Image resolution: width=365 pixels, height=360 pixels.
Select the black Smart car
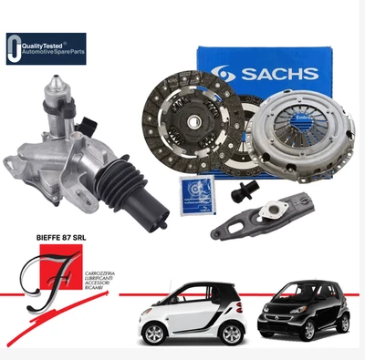tap(300, 311)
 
